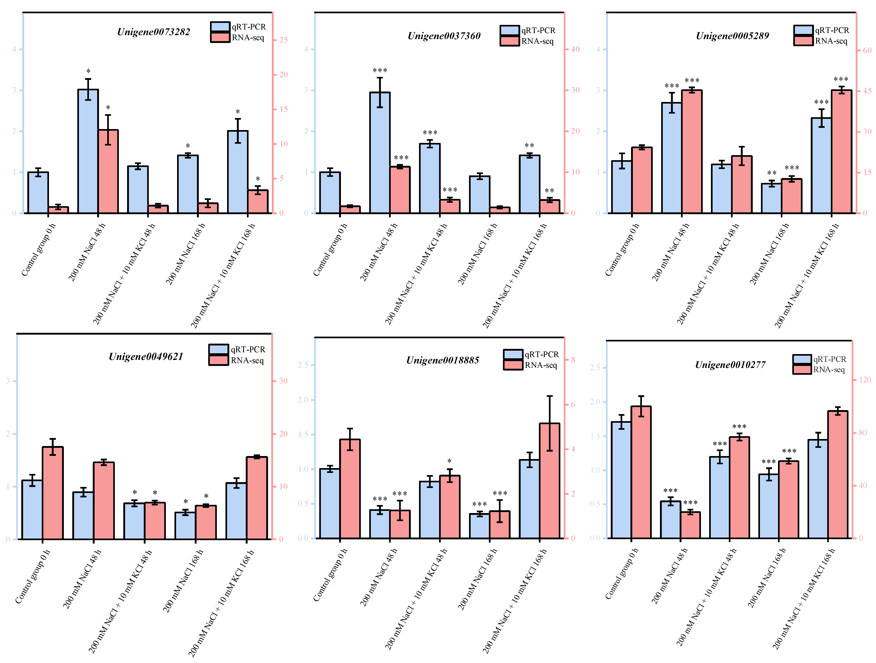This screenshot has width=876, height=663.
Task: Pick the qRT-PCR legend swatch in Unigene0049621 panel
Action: coord(219,349)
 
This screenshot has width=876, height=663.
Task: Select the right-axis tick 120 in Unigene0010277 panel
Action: coord(865,380)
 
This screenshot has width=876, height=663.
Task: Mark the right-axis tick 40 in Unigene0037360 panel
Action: coord(575,49)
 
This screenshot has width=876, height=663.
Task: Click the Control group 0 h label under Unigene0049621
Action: coord(33,576)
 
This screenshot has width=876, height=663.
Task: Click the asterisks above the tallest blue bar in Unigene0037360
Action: coord(380,70)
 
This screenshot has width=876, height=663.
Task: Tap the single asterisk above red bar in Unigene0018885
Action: coord(450,461)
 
